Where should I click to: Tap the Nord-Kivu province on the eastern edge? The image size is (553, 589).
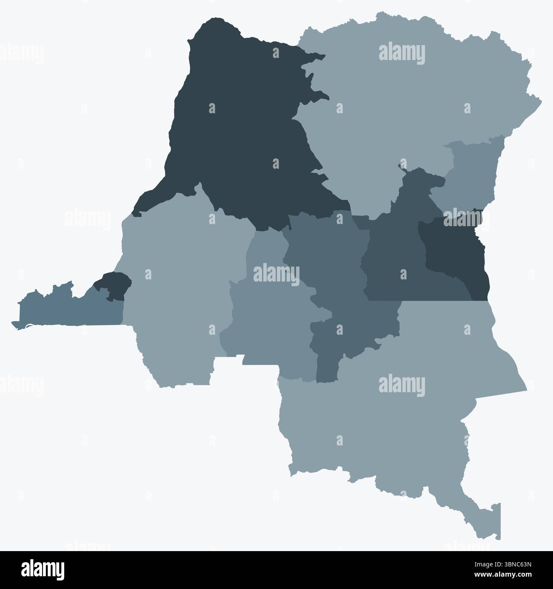pos(472,175)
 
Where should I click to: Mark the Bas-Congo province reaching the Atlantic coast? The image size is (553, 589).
pos(64,309)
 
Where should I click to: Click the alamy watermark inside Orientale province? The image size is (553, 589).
pos(402,54)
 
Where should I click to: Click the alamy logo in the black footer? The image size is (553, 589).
pos(43,570)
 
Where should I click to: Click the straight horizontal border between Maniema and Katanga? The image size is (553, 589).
pos(425,301)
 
